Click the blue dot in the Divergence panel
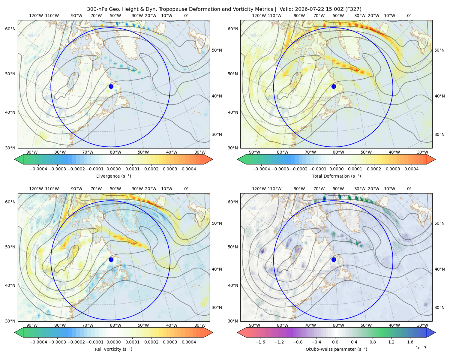pos(111,86)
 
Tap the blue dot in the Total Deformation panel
pos(334,86)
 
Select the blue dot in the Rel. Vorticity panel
pos(111,259)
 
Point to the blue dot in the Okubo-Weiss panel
pos(334,259)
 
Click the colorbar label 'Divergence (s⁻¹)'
pos(113,176)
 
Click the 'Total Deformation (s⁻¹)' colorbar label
pos(336,176)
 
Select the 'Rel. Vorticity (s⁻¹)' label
pos(113,349)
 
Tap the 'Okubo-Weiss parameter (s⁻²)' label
pos(336,349)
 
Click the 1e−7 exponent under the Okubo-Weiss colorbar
pos(421,348)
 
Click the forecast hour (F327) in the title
pos(354,9)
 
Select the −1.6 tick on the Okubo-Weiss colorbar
pos(260,342)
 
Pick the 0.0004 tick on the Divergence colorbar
pos(189,169)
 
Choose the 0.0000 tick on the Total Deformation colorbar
pos(337,169)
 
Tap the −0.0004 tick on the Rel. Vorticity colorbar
pos(38,342)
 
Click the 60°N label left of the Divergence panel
pos(10,29)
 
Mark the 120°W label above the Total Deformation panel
pos(259,16)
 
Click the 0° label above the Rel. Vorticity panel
pos(186,189)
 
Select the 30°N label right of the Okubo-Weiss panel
pos(439,307)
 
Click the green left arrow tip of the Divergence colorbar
pos(15,159)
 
